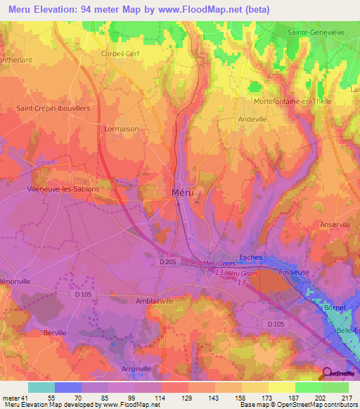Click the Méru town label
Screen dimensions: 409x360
[181, 193]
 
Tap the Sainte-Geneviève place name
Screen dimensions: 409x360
[321, 32]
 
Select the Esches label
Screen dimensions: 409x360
[250, 257]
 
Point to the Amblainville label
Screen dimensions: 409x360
[158, 300]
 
